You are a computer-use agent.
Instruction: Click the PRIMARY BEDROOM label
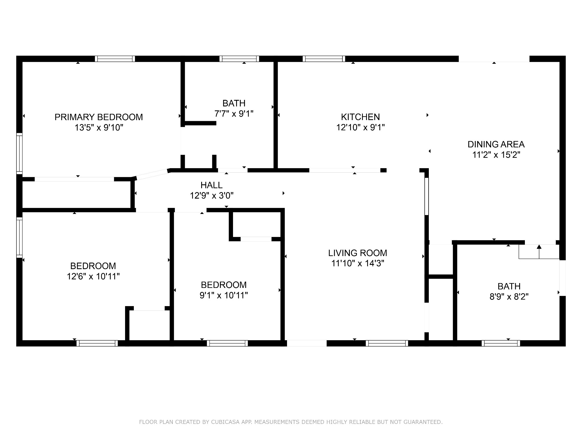[99, 117]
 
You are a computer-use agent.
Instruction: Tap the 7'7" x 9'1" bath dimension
[234, 114]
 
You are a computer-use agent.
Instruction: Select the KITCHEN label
[360, 117]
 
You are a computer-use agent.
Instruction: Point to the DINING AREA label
[496, 144]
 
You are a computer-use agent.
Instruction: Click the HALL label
[211, 185]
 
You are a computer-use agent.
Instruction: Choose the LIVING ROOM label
[357, 253]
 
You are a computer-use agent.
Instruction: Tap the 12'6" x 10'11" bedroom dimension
[93, 276]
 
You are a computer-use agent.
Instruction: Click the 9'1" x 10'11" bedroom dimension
[224, 295]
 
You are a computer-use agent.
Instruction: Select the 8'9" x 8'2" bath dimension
[509, 297]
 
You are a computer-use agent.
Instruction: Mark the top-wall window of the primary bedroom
[115, 59]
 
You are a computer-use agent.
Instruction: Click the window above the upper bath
[239, 59]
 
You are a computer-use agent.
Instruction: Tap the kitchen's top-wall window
[324, 59]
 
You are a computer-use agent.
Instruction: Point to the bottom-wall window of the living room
[387, 343]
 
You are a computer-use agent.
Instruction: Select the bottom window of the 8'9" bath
[501, 343]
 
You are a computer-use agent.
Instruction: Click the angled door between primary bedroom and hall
[152, 174]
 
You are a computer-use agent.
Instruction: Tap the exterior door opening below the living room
[307, 343]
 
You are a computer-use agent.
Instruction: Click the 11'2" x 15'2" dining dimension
[496, 155]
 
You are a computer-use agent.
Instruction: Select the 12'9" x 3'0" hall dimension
[211, 196]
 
